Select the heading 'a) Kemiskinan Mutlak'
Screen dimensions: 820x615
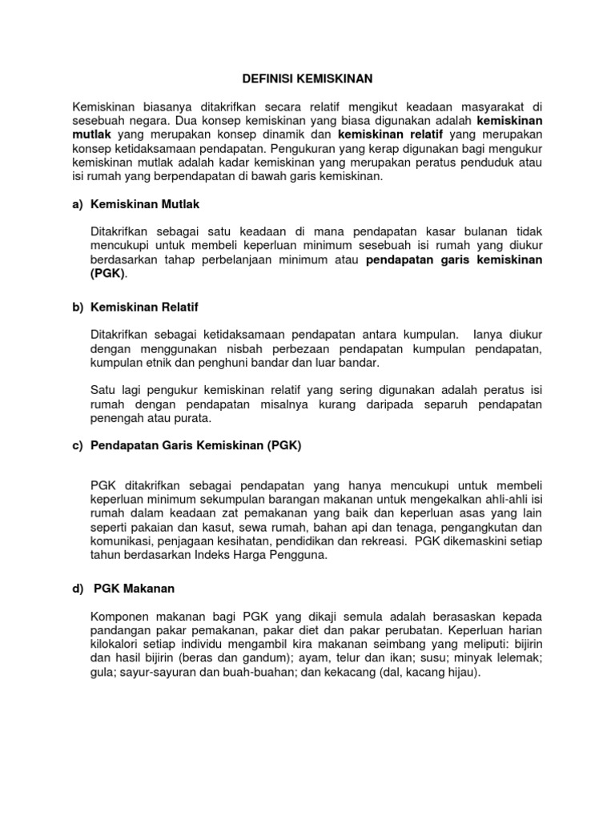click(136, 204)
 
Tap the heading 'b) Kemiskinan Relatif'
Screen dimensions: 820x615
click(135, 307)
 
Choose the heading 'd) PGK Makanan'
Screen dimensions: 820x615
click(124, 588)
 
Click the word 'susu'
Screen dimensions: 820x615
click(406, 658)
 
